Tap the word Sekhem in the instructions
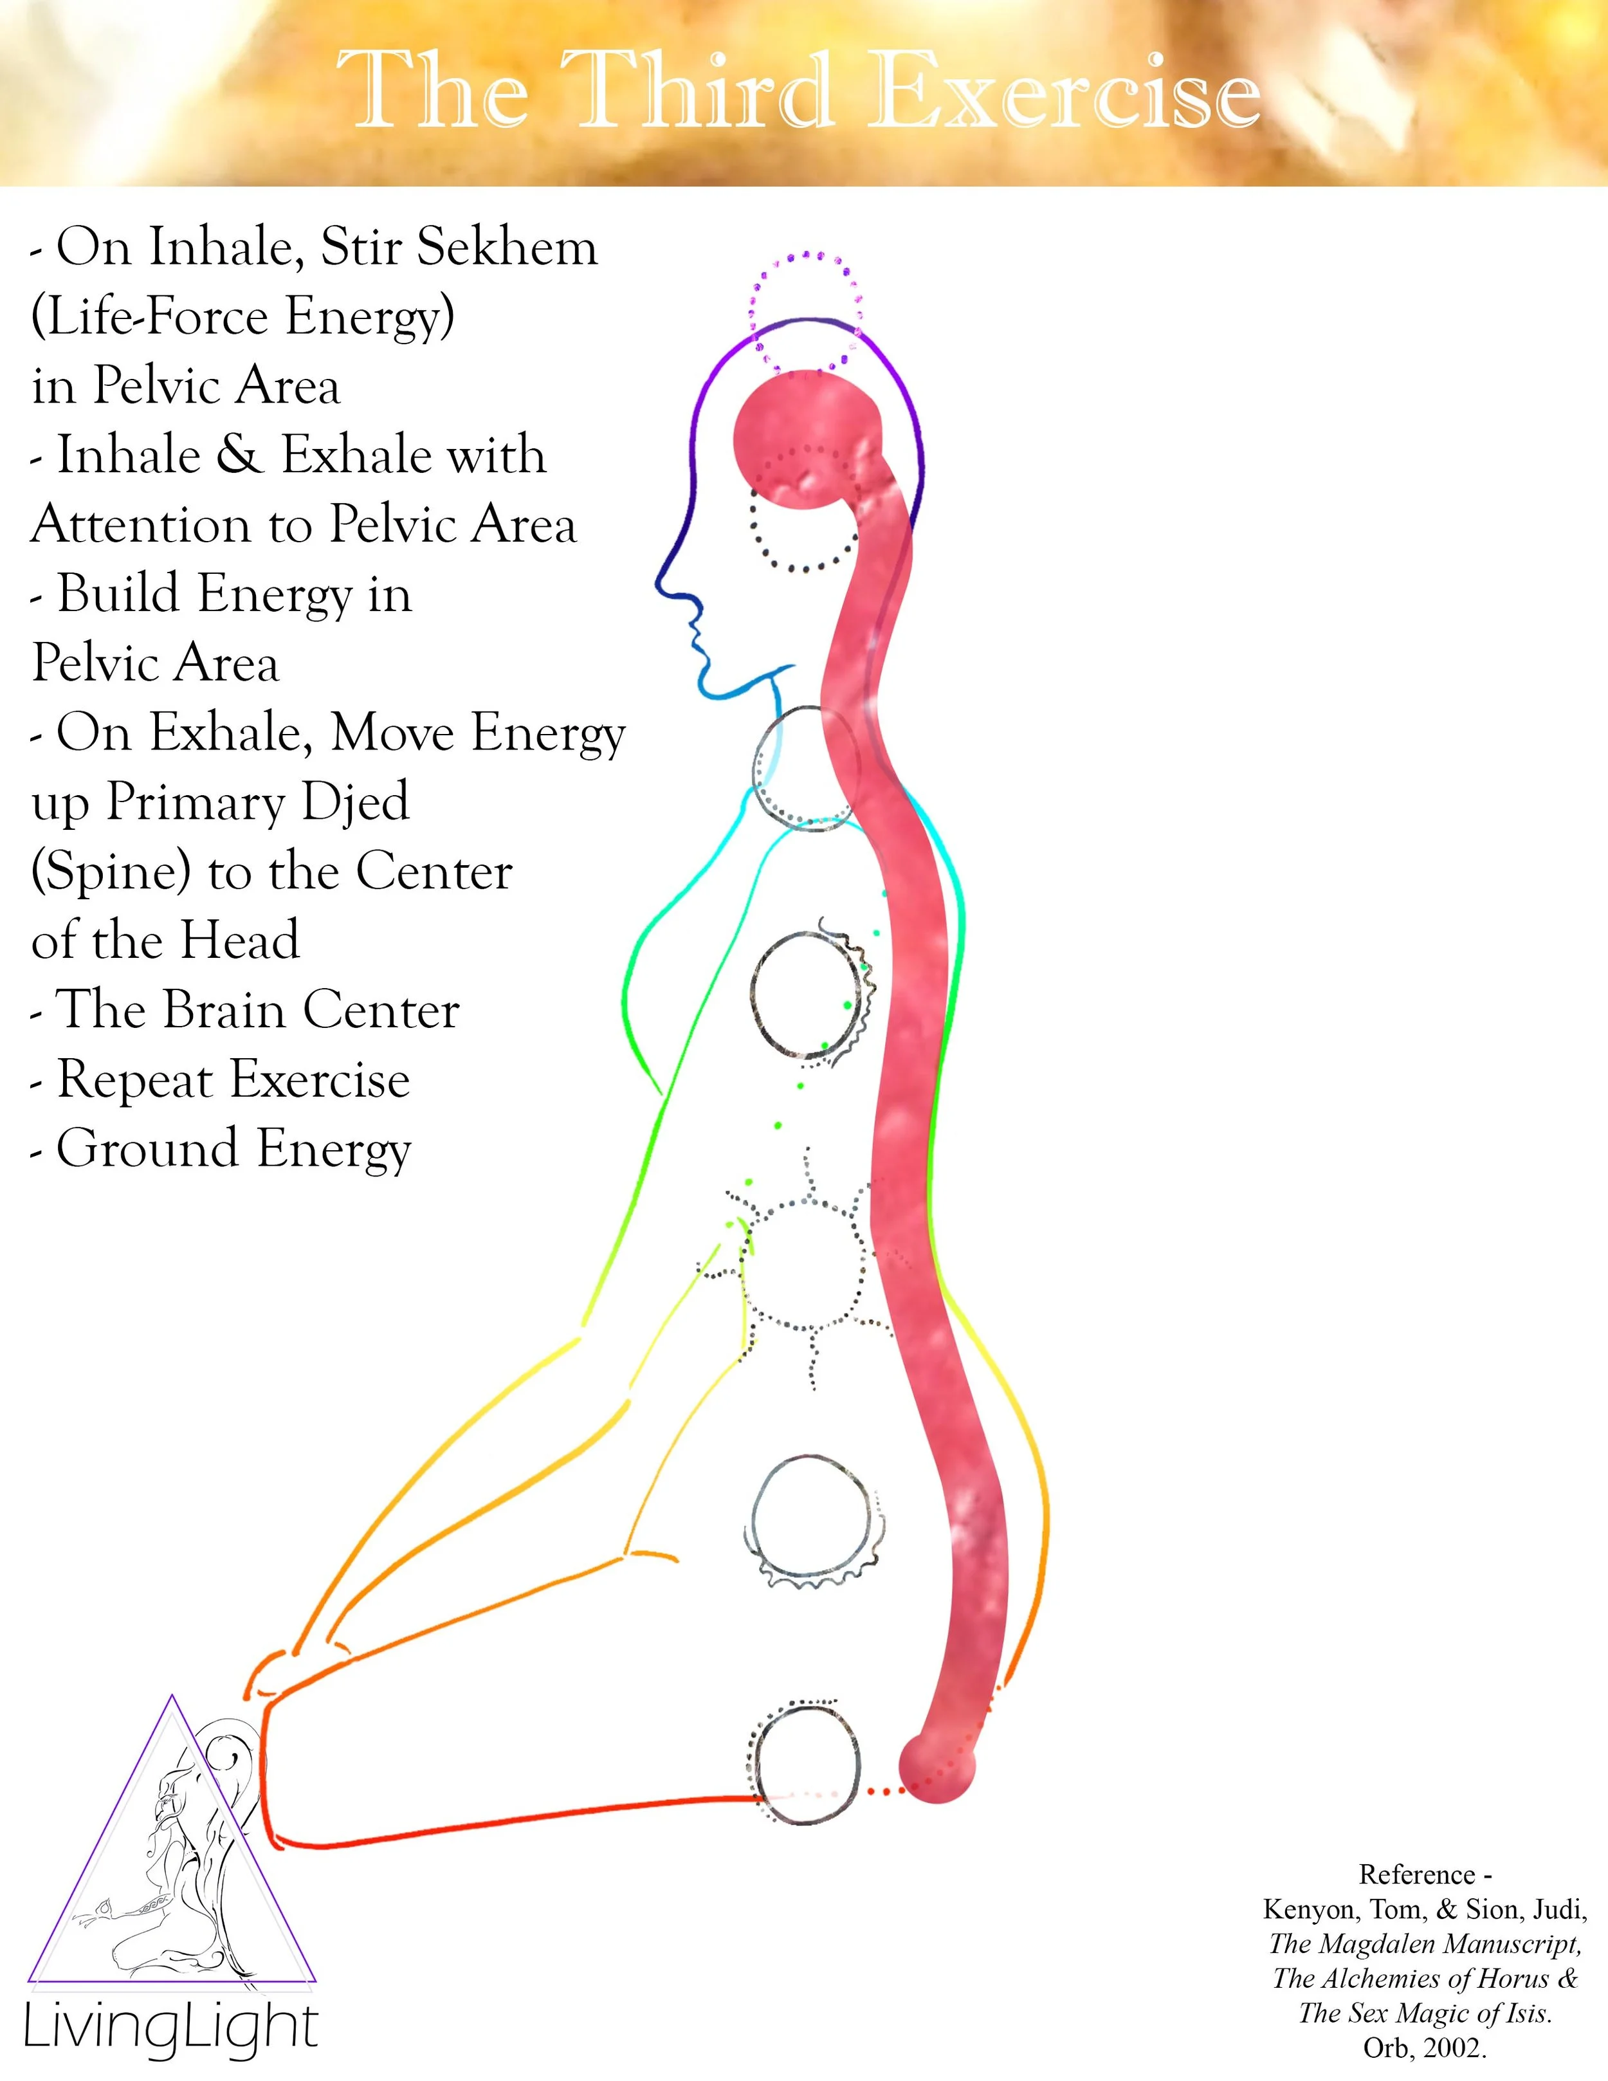click(x=507, y=248)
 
